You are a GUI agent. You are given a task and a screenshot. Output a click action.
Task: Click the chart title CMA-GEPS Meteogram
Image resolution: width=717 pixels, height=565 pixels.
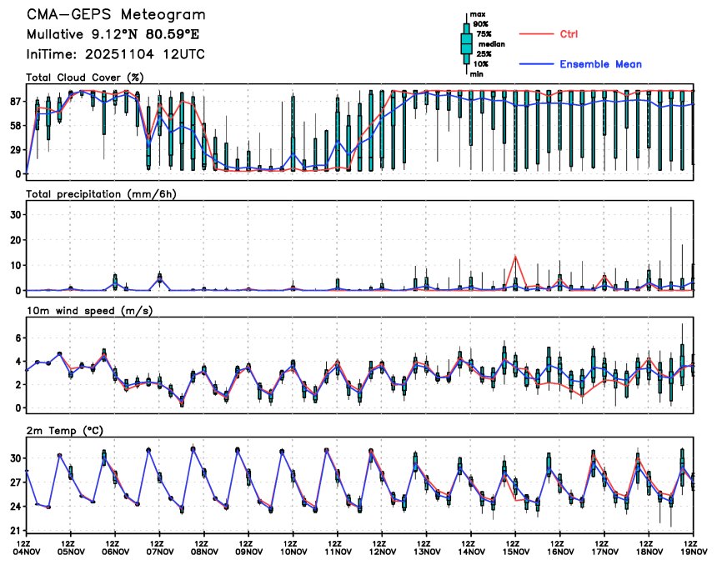[115, 15]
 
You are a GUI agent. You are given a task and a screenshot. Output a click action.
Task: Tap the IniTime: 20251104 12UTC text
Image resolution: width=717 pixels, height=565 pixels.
[115, 54]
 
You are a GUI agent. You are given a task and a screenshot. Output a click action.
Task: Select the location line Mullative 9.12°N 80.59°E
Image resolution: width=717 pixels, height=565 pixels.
[113, 35]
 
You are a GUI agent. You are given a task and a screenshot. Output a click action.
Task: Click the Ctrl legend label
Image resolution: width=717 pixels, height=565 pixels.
[569, 34]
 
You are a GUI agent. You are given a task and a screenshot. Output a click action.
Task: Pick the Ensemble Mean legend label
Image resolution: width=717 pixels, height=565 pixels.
[600, 64]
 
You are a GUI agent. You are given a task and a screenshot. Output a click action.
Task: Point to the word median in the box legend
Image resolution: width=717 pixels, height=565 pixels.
[490, 44]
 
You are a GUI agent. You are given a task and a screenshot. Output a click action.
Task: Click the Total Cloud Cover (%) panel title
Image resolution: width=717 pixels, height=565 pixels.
[84, 77]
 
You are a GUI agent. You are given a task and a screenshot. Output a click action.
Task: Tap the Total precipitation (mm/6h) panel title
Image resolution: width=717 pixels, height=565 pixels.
[103, 194]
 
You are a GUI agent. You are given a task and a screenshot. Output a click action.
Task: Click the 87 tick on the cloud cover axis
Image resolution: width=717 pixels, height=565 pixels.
[15, 102]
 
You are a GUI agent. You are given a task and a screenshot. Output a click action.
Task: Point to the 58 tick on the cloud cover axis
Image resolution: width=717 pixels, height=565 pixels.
[15, 126]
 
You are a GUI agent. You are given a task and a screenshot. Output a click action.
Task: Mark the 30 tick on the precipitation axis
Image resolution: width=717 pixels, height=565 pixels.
[15, 214]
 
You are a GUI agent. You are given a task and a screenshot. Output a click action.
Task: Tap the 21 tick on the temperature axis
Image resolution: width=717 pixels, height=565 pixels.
[15, 531]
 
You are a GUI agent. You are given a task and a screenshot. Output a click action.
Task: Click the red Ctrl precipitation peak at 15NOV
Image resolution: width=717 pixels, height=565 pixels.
[516, 257]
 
